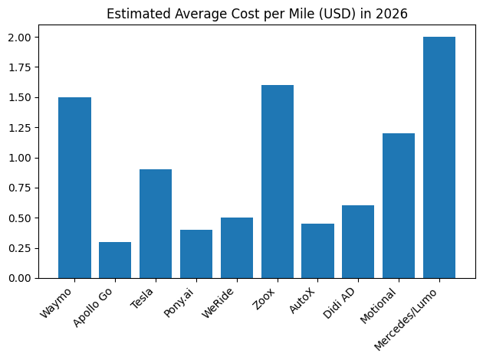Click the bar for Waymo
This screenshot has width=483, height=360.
point(74,188)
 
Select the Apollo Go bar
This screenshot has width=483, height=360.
point(115,260)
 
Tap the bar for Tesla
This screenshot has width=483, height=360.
point(156,224)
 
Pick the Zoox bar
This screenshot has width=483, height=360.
point(277,182)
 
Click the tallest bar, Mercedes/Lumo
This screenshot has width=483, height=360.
point(439,157)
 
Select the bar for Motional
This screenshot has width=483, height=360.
point(399,205)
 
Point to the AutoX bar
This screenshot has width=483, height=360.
point(317,250)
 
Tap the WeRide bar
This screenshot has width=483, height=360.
point(237,247)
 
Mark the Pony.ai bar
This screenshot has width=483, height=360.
point(196,254)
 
